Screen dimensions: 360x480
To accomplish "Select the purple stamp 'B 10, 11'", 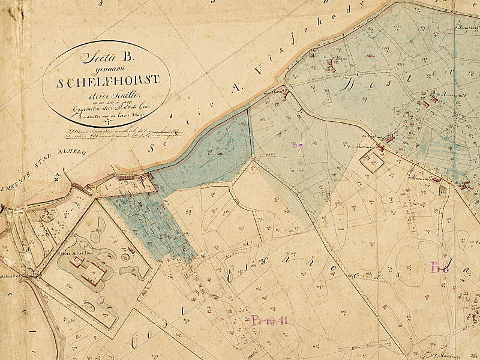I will [x=269, y=319].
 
